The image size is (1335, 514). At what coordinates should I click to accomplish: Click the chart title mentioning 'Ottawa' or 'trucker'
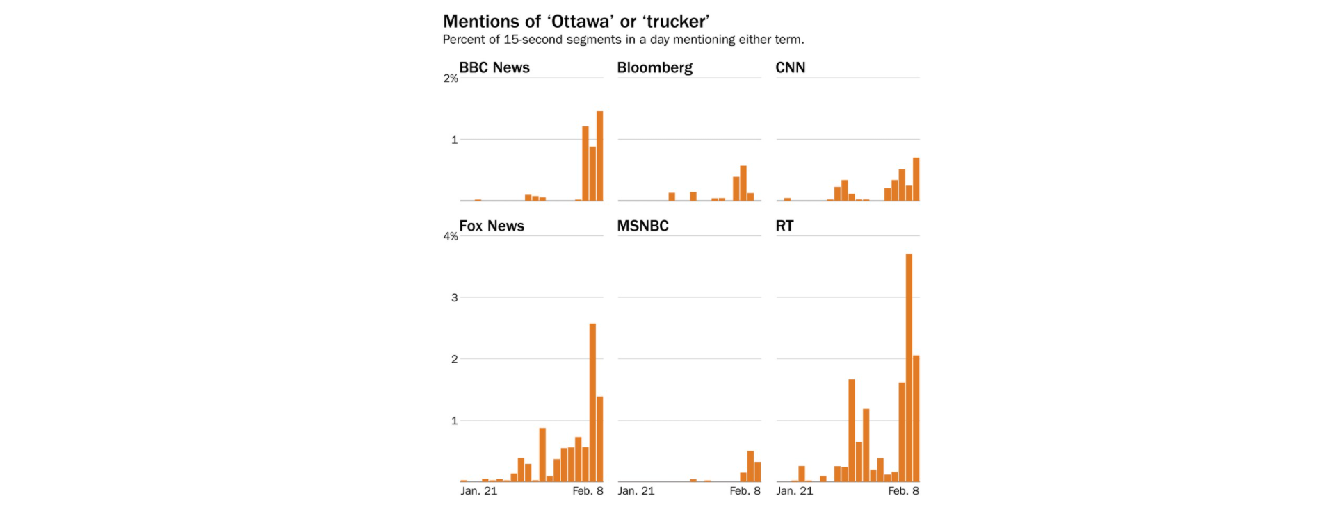[576, 22]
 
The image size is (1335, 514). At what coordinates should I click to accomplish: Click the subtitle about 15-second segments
[624, 40]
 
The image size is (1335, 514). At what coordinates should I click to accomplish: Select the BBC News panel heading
[494, 67]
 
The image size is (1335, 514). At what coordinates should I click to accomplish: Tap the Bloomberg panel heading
[655, 67]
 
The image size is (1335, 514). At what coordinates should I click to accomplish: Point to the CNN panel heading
[791, 67]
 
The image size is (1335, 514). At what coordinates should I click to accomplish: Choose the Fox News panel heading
[492, 226]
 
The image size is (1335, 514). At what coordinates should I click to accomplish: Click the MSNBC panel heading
[643, 226]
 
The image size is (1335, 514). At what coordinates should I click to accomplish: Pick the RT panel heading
[784, 226]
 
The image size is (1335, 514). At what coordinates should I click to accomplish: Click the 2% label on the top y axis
[451, 78]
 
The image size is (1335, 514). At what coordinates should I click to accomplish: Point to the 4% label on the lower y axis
[451, 236]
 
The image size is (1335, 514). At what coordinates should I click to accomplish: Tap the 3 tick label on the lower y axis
[455, 297]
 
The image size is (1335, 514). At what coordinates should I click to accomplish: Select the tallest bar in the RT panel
[909, 367]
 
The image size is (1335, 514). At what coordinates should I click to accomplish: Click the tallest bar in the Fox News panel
[592, 402]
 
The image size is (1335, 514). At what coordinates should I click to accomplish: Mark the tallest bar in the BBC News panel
[599, 156]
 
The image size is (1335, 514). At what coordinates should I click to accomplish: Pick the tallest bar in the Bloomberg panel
[743, 183]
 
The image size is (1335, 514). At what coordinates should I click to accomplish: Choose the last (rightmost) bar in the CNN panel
[916, 179]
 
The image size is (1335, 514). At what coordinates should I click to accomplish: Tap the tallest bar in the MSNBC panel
[750, 466]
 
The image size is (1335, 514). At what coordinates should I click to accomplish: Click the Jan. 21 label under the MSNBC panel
[636, 491]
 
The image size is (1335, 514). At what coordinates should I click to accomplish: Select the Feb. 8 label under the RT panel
[903, 491]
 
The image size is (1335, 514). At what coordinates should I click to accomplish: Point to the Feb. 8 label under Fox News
[588, 491]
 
